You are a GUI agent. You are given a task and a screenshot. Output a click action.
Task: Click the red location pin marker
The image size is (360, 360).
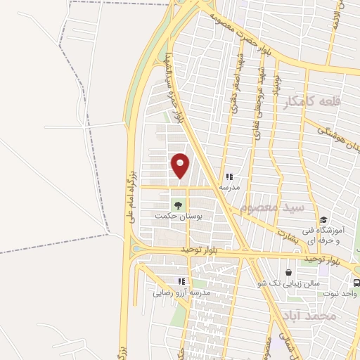181,165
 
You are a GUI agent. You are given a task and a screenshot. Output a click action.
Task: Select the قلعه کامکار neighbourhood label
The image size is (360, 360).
312,103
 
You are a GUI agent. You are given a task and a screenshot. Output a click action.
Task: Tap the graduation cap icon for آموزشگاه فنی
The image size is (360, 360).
323,220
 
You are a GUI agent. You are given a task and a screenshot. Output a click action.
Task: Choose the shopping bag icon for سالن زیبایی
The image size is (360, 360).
289,272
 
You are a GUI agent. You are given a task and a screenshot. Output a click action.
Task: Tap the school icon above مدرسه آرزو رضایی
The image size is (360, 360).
182,281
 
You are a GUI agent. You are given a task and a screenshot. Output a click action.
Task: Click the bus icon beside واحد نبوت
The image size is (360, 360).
356,283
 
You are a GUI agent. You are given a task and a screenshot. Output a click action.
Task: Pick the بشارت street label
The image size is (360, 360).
289,236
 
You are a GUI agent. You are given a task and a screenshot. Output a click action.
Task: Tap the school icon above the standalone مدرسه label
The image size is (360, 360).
229,176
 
